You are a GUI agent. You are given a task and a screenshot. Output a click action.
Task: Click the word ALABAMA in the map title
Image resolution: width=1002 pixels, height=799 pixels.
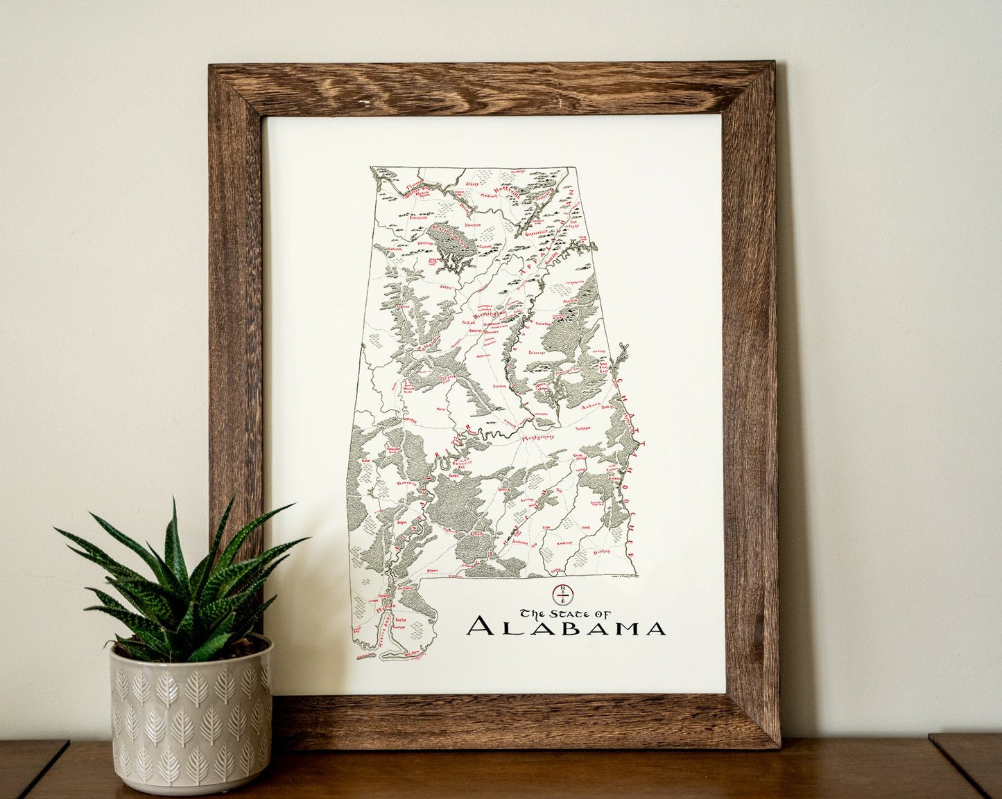(x=566, y=626)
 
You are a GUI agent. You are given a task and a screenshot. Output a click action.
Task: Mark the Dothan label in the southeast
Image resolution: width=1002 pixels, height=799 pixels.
(x=602, y=552)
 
